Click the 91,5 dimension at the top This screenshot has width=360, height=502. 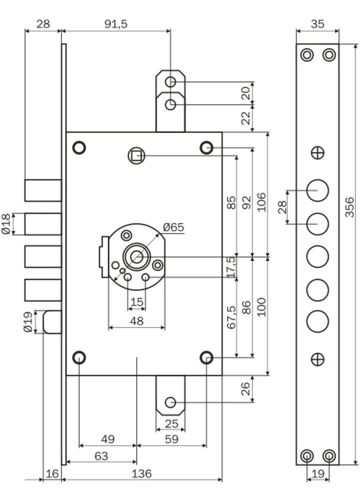115,24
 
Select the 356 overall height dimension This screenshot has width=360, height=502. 349,207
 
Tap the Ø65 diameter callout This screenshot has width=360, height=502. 173,227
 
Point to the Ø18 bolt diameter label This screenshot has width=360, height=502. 6,224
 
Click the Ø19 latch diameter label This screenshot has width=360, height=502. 28,322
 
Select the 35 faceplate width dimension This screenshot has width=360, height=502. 317,24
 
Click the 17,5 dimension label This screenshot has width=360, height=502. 231,267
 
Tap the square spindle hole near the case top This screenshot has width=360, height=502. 136,156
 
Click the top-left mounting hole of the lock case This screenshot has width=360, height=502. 79,148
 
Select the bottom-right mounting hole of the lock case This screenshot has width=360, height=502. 206,358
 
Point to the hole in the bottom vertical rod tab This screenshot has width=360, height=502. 170,402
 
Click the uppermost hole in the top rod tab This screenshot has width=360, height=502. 170,81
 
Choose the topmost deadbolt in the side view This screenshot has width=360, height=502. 43,190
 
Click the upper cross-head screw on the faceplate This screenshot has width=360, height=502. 317,153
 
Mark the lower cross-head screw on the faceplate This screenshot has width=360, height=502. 317,360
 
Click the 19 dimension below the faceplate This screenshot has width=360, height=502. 317,474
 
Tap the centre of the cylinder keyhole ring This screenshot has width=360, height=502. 136,257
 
